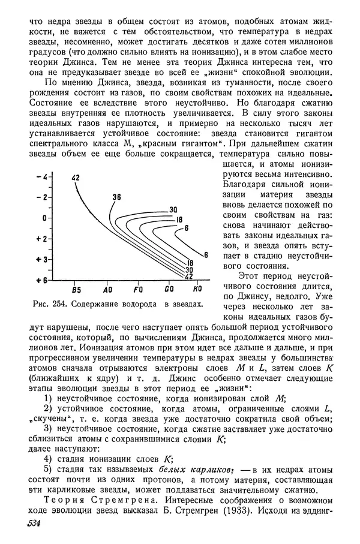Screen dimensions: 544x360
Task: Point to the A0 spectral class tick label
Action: pyautogui.click(x=107, y=288)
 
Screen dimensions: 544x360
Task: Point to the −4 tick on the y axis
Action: pyautogui.click(x=41, y=176)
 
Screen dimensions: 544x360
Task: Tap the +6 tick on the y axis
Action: pyautogui.click(x=41, y=280)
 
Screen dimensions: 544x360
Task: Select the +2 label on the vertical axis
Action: pyautogui.click(x=41, y=239)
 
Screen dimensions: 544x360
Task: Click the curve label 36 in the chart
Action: pyautogui.click(x=116, y=197)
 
